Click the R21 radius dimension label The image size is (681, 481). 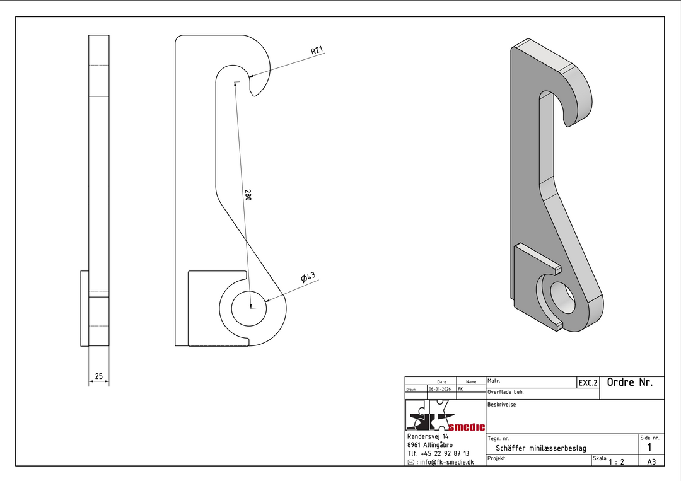[317, 50]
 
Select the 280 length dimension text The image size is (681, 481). [248, 195]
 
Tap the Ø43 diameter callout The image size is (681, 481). [308, 277]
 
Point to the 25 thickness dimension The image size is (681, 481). [98, 376]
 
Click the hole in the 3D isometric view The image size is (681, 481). [562, 298]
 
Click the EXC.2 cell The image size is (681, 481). [588, 383]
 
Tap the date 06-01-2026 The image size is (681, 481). [440, 389]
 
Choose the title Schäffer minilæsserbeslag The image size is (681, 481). [541, 448]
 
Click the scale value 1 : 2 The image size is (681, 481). [616, 462]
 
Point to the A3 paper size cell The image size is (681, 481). [651, 462]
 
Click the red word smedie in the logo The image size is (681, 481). [467, 427]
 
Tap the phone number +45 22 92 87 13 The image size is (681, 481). [445, 454]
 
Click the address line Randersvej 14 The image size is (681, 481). [428, 436]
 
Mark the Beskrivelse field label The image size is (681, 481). [502, 405]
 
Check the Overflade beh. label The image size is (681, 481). [506, 392]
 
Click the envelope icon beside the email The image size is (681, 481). [411, 462]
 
